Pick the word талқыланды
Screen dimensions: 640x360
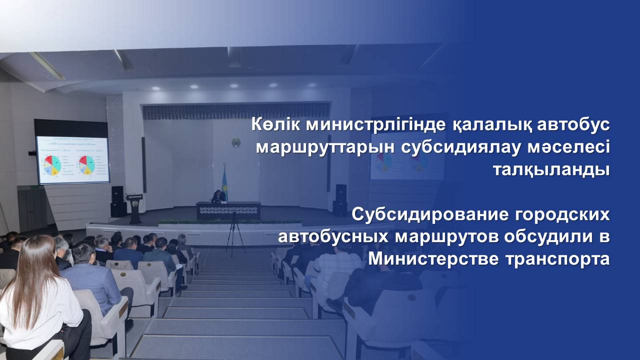pos(551,170)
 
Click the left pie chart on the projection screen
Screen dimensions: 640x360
pos(52,165)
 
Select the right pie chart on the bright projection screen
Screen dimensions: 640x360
pos(87,165)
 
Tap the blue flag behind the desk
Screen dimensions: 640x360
pos(224,183)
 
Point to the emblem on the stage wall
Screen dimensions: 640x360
pos(236,142)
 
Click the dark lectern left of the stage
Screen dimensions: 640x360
pos(134,208)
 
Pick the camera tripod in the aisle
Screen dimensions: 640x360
pos(235,233)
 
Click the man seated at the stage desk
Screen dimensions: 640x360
pos(218,196)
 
